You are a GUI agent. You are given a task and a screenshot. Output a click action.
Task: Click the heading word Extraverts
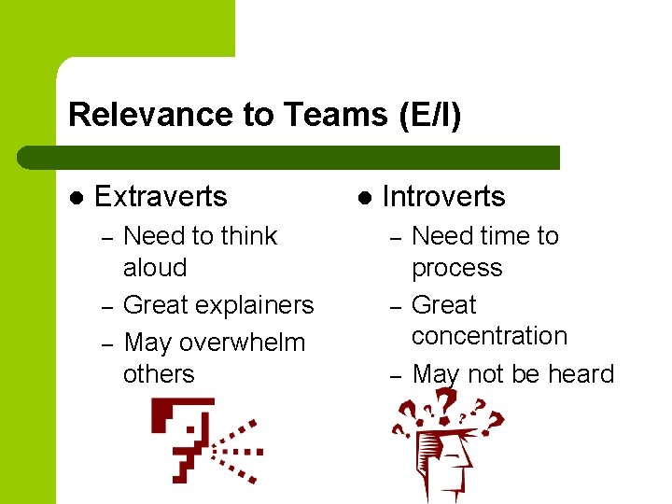point(161,197)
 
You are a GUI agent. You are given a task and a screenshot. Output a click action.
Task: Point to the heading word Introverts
point(443,197)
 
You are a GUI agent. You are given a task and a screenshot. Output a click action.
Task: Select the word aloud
point(155,268)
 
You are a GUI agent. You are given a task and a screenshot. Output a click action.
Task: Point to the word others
point(159,374)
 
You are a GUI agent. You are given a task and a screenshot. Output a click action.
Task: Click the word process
point(456,268)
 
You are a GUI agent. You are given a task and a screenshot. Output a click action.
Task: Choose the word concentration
point(489,336)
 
